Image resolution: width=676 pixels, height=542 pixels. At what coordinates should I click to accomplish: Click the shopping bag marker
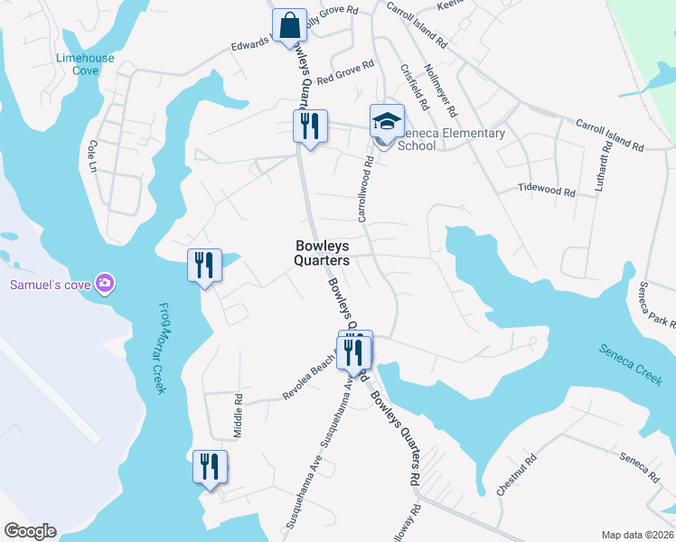pos(292,27)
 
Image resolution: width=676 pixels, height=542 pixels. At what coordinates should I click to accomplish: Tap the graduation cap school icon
pos(387,121)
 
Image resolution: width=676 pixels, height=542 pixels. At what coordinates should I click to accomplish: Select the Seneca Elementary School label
pos(451,140)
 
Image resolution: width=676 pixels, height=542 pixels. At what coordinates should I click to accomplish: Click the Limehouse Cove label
pos(86,64)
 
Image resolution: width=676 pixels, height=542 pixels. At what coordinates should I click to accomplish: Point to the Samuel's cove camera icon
pos(106,285)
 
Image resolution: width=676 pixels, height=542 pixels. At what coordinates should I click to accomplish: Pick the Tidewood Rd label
pos(547,191)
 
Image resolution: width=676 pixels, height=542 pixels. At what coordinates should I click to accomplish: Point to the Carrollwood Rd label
pos(365,192)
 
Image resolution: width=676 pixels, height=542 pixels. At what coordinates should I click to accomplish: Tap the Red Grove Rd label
pos(346,70)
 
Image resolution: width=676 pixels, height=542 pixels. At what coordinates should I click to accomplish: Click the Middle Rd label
pos(239,416)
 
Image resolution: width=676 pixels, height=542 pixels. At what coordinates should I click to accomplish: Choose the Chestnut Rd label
pos(516,474)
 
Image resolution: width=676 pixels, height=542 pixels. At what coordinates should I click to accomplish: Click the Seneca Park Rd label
pos(656,307)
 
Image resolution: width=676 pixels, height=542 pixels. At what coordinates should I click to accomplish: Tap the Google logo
pos(30,531)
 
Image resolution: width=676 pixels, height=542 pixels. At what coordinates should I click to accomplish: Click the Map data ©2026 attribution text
pos(636,535)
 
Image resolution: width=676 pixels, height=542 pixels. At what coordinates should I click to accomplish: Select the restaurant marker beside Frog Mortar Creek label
pos(204,266)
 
